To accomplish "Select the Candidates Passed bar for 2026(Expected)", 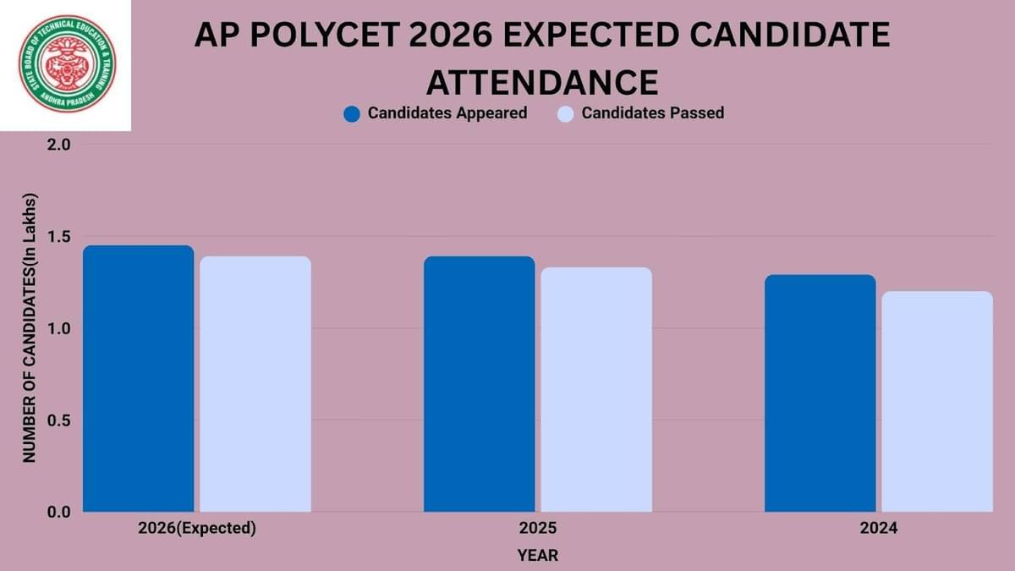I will point(255,384).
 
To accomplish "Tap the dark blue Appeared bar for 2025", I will point(479,384).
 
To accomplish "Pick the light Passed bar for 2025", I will point(596,390).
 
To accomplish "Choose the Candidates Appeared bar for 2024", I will point(820,393).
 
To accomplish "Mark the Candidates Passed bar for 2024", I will point(937,402).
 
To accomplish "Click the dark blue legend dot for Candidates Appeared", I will point(353,113).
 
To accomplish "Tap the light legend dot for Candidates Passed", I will point(566,113).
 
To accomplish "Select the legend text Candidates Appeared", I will point(447,113).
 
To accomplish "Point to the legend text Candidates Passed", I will point(652,113).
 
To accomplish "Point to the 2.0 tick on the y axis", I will point(58,145).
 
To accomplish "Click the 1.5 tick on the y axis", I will point(58,237).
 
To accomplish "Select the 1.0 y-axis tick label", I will point(58,328).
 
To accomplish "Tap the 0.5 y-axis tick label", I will point(58,420).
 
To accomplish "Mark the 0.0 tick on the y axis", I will point(58,512).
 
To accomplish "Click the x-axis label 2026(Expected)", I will point(196,529).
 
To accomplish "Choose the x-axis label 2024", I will point(878,529).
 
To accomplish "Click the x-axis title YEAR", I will point(538,556).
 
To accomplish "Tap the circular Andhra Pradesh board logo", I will point(68,65).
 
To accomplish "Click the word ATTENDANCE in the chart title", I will point(541,82).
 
